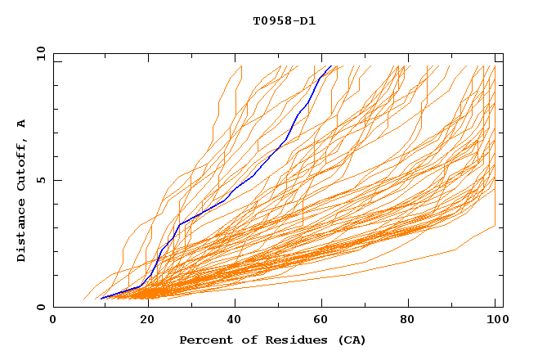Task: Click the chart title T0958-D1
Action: click(284, 20)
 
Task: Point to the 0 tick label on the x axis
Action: click(53, 320)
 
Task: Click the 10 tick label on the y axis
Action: click(41, 52)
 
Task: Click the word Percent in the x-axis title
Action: click(204, 340)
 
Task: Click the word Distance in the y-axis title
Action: click(21, 231)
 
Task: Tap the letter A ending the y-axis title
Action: click(21, 123)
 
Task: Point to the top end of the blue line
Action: click(330, 66)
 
